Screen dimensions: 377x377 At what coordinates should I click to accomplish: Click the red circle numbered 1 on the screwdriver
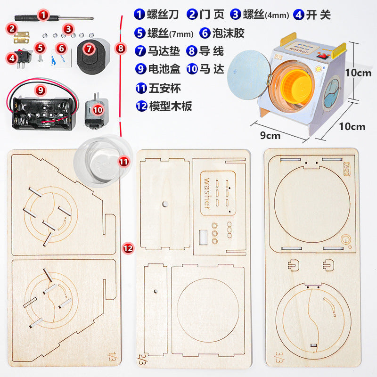click(43, 15)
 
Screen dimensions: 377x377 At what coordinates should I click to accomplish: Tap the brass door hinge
click(21, 37)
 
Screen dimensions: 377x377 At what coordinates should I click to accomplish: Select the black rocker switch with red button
click(22, 57)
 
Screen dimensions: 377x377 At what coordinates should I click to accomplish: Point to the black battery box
click(44, 113)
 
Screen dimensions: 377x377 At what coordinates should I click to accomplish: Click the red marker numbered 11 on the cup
click(124, 162)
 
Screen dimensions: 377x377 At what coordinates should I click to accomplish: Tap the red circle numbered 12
click(128, 248)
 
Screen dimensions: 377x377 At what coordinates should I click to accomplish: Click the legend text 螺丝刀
click(163, 15)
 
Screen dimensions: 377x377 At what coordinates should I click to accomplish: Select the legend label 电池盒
click(164, 69)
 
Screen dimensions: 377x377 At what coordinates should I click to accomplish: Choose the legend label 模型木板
click(171, 106)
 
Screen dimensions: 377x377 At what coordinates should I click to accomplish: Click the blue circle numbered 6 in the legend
click(205, 33)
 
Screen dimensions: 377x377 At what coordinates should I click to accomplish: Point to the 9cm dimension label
click(270, 136)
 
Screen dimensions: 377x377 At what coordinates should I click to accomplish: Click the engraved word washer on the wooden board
click(207, 194)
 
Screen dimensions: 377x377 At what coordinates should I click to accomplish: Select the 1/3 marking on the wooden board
click(111, 357)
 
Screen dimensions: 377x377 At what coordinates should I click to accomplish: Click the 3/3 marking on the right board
click(279, 357)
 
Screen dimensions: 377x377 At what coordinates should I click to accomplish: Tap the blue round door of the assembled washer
click(249, 75)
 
